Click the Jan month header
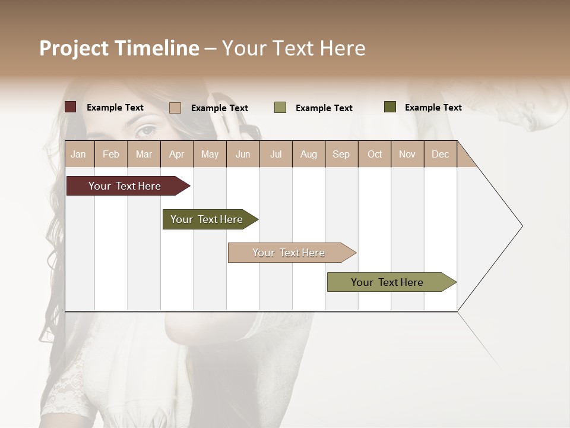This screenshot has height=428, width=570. [x=79, y=154]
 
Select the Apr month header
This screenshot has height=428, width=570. [x=177, y=154]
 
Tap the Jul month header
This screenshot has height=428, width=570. [x=275, y=154]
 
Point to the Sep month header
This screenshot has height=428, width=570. [x=341, y=154]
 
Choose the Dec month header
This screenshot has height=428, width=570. [x=440, y=154]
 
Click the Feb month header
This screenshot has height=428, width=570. [x=111, y=154]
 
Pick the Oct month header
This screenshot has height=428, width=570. [x=375, y=154]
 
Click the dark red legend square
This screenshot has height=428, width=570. [x=71, y=107]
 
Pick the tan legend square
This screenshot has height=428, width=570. [x=175, y=108]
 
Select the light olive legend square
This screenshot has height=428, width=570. [x=280, y=108]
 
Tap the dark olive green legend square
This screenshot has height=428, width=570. [x=390, y=107]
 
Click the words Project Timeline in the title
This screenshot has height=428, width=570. [x=119, y=48]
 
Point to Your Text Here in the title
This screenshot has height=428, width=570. [x=294, y=48]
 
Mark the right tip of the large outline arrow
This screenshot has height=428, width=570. [x=522, y=226]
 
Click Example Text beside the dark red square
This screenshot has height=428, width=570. [x=115, y=108]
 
